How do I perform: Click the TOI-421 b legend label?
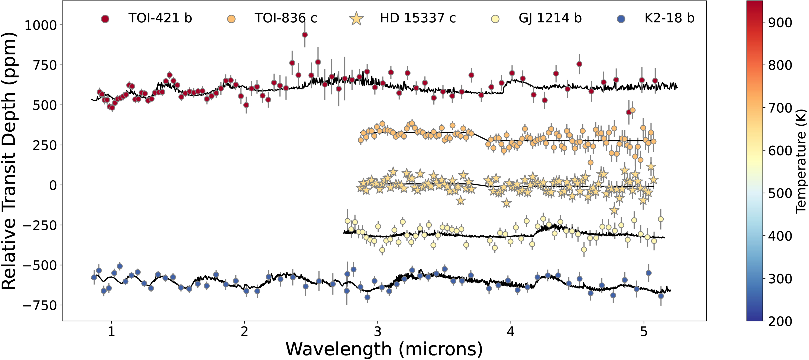point(160,18)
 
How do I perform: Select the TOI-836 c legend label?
point(286,18)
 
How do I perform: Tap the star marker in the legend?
point(356,19)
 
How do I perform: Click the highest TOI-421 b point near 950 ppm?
point(304,35)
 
